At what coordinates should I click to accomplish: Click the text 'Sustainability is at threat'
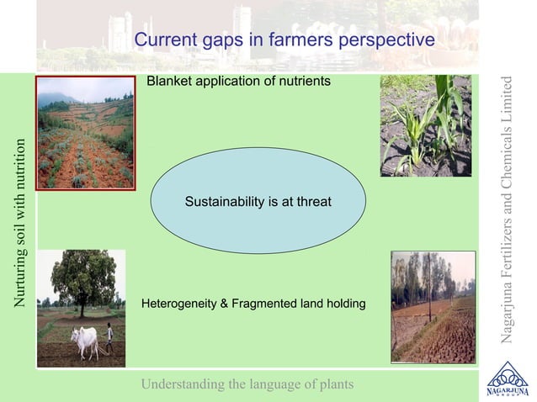(258, 202)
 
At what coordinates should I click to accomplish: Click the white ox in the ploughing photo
(85, 341)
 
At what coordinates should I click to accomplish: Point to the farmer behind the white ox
(109, 337)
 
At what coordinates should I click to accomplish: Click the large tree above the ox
(82, 281)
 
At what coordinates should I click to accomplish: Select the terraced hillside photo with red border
(85, 132)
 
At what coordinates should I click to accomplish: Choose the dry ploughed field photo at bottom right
(433, 306)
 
